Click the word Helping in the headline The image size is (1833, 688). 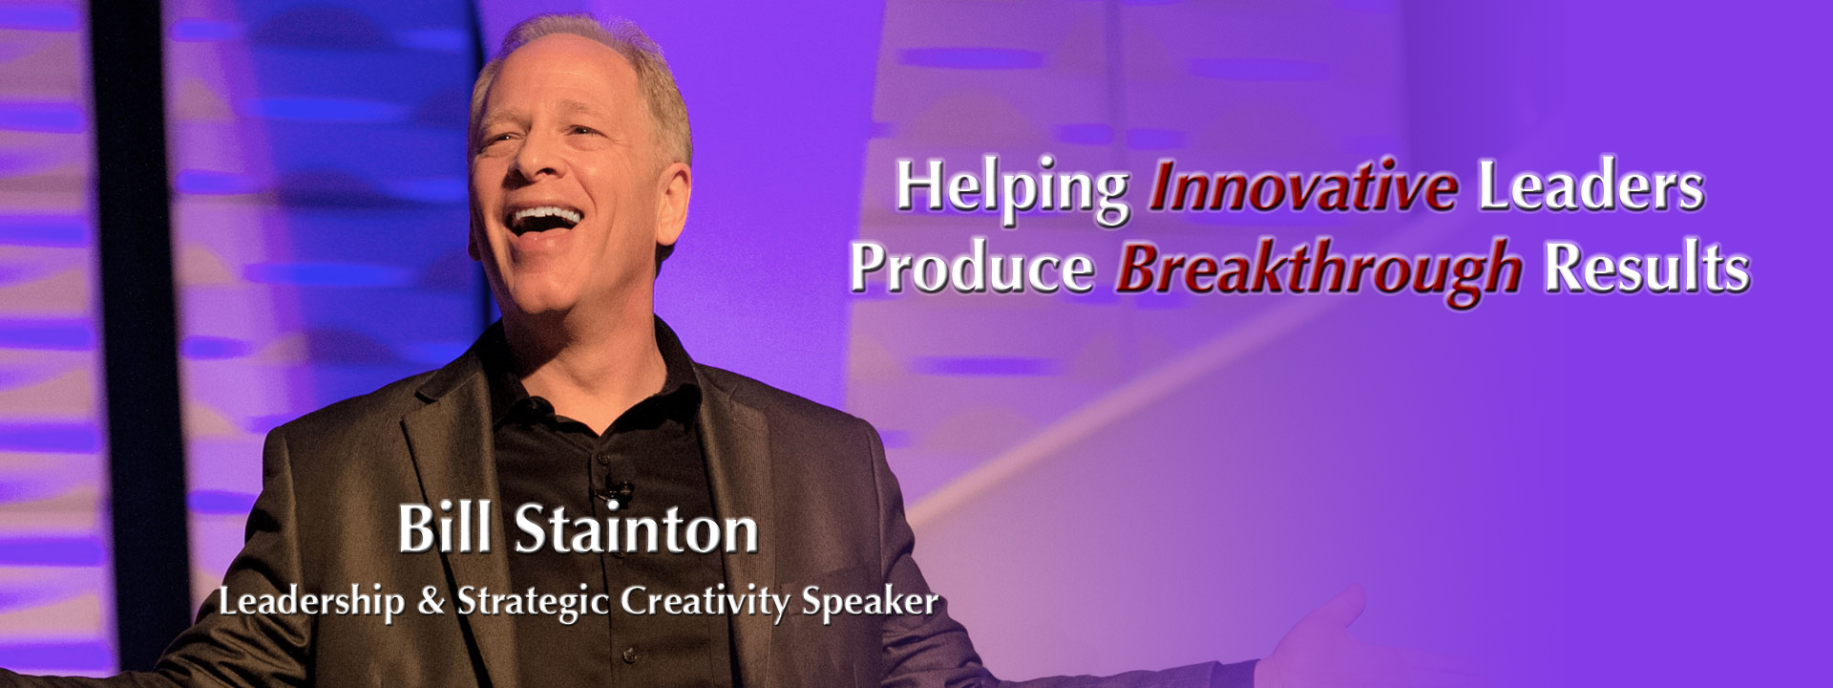point(1012,189)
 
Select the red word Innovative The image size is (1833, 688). point(1303,186)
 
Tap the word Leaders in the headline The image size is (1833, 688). point(1591,186)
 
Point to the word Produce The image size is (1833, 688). point(972,269)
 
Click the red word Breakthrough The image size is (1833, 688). point(1318,270)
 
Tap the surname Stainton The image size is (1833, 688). point(636,529)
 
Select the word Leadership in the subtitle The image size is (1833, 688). point(311,602)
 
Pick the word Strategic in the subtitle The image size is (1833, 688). point(534,603)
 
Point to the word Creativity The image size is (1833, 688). point(706,603)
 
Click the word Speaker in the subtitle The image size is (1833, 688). point(870,603)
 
